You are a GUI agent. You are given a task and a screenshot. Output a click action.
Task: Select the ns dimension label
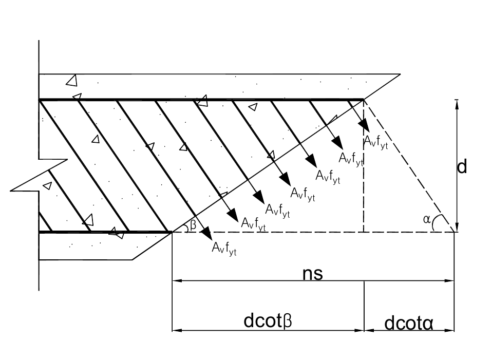tap(312, 273)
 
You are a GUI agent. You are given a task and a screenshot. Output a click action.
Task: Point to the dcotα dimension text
tap(409, 324)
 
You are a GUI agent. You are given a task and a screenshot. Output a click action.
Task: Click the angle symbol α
tap(426, 220)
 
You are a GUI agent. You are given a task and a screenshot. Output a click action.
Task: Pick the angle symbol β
tap(193, 224)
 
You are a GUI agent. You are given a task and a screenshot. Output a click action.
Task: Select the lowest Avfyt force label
tap(224, 247)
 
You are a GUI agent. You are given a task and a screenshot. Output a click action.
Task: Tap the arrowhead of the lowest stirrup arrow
tap(207, 234)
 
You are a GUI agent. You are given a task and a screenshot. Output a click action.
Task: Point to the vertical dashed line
tap(364, 169)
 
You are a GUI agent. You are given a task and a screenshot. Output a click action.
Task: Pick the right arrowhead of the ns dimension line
tap(450, 281)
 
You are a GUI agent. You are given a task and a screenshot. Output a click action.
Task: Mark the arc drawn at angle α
tap(435, 222)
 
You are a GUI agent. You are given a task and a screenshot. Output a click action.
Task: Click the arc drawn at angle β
tap(186, 227)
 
